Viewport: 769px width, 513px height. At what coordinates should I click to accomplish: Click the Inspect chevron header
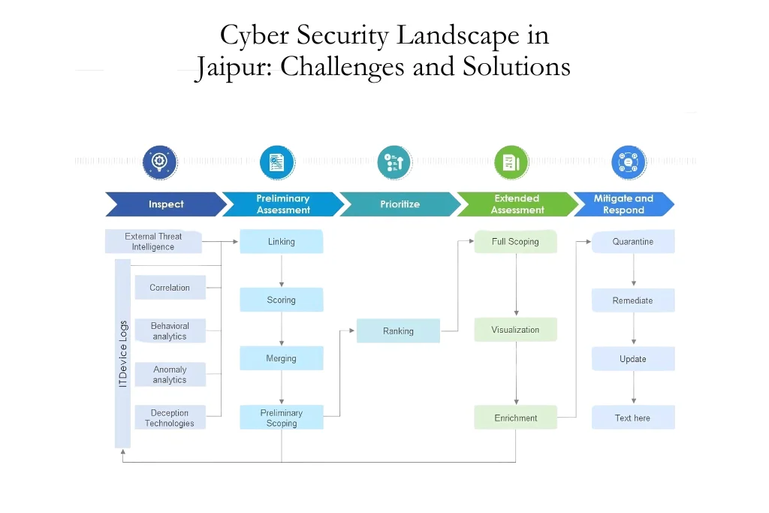(166, 204)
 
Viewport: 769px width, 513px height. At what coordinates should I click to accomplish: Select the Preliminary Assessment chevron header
(282, 204)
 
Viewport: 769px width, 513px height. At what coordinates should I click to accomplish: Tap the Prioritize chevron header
(400, 204)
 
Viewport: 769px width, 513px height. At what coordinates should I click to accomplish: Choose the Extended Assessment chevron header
(517, 204)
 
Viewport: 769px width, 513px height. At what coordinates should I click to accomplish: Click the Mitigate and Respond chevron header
(623, 204)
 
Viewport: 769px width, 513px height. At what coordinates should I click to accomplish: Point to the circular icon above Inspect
(159, 162)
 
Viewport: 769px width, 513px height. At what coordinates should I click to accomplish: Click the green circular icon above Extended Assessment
(511, 162)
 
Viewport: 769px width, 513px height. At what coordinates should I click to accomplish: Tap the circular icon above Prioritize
(394, 162)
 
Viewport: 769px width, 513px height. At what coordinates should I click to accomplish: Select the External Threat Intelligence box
(153, 242)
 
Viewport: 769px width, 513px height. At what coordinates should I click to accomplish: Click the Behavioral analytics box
(170, 331)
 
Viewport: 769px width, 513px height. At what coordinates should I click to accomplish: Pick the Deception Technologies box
(170, 418)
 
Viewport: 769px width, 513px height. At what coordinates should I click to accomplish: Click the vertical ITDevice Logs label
(123, 354)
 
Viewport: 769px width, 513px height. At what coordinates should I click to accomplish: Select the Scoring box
(282, 300)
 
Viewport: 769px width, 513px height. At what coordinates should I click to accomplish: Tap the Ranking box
(398, 331)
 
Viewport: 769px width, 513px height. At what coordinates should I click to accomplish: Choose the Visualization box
(515, 330)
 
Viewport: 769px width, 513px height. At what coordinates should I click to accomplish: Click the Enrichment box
(515, 418)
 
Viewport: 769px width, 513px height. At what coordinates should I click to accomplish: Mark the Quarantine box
(632, 242)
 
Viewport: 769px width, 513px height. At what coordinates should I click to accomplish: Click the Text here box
(632, 418)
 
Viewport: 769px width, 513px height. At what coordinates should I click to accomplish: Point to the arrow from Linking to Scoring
(282, 270)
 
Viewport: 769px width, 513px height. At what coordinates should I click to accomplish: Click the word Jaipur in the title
(234, 68)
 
